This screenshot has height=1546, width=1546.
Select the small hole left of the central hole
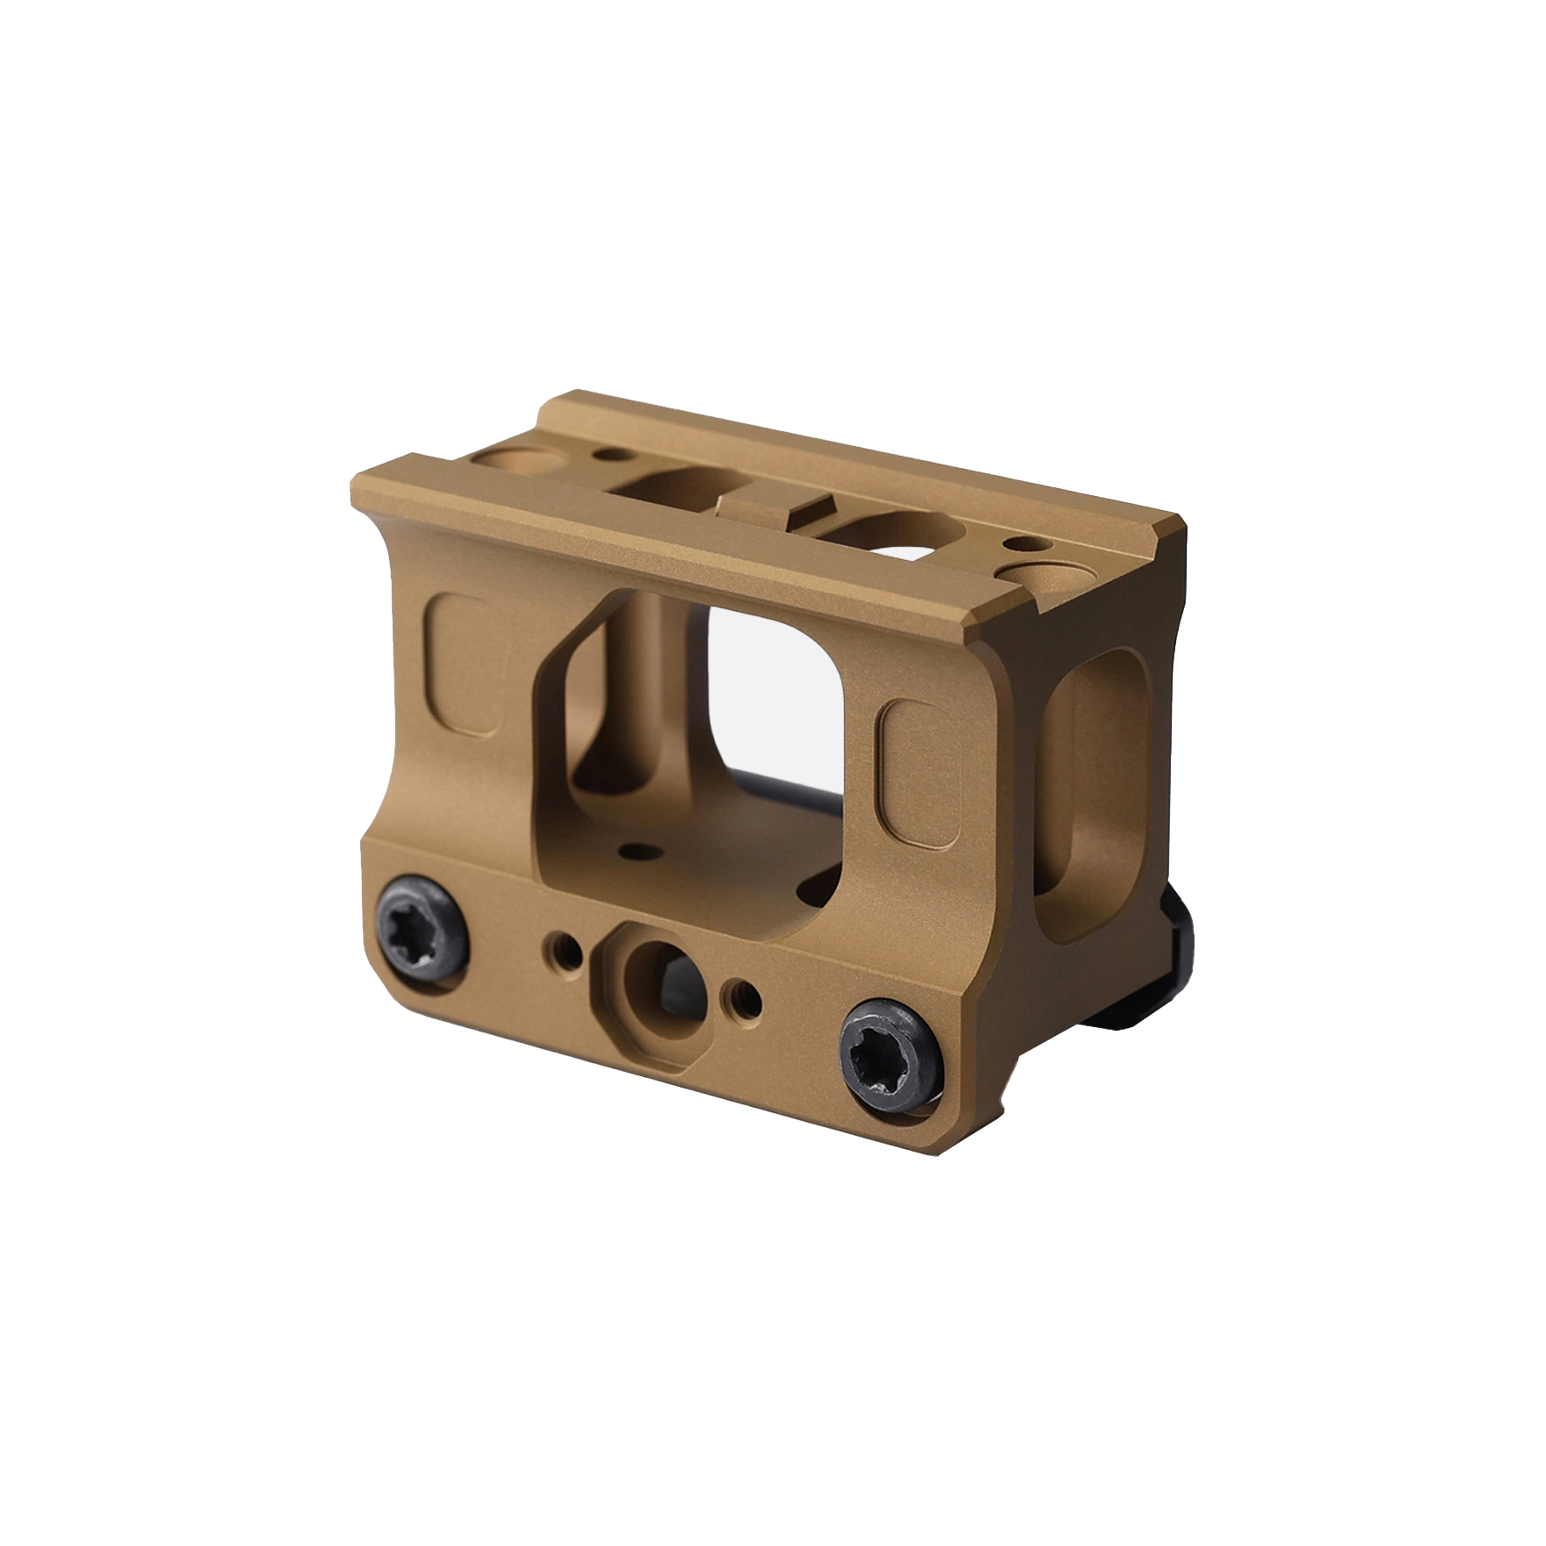[564, 947]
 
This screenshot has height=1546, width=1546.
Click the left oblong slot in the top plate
[675, 486]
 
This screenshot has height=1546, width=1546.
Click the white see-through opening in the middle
[771, 692]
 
